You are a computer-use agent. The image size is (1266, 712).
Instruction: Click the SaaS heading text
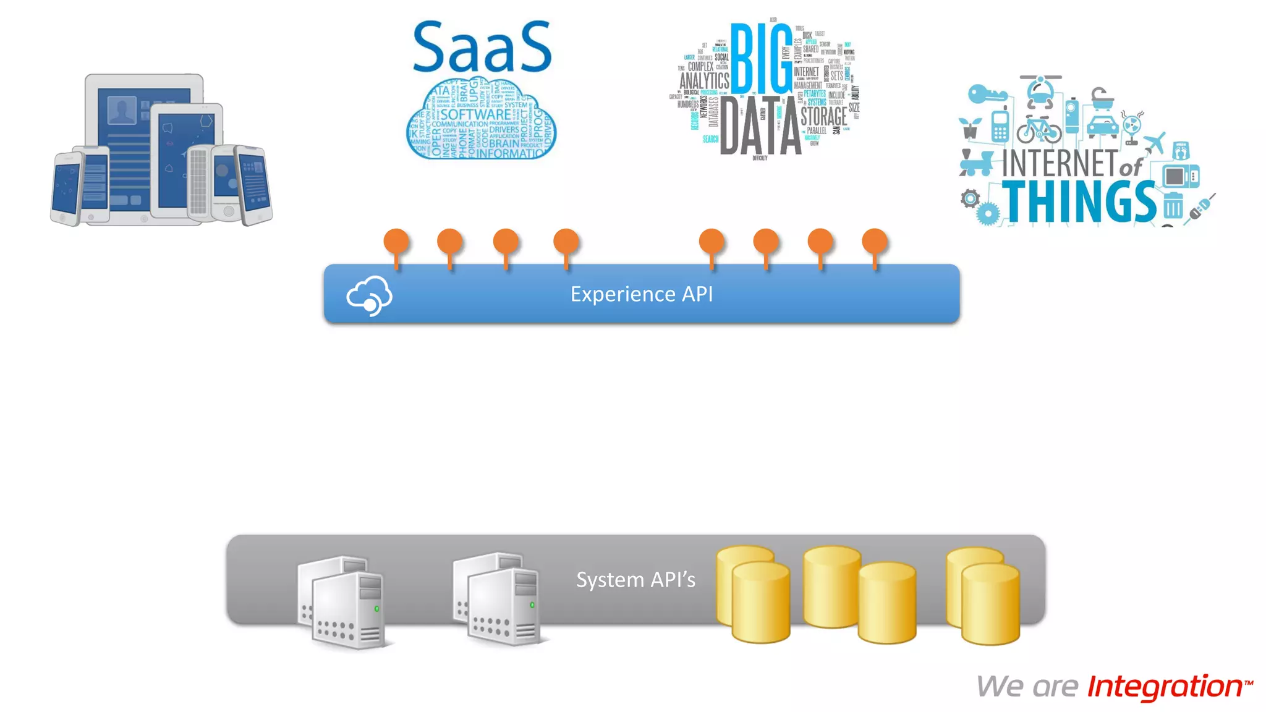pyautogui.click(x=482, y=47)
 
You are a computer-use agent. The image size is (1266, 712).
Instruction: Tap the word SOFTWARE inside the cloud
pyautogui.click(x=475, y=115)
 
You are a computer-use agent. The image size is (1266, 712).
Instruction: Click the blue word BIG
pyautogui.click(x=761, y=59)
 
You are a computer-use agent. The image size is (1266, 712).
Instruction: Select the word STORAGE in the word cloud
pyautogui.click(x=823, y=116)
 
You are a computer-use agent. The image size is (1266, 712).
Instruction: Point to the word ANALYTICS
pyautogui.click(x=704, y=81)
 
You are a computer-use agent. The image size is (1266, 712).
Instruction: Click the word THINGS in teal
pyautogui.click(x=1079, y=202)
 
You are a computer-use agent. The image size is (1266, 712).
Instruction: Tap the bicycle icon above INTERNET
pyautogui.click(x=1039, y=129)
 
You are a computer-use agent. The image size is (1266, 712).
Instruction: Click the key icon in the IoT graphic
pyautogui.click(x=987, y=95)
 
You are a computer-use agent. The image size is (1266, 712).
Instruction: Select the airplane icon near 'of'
pyautogui.click(x=1154, y=143)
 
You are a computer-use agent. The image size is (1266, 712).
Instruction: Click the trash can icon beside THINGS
pyautogui.click(x=1173, y=205)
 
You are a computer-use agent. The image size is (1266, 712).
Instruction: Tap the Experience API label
pyautogui.click(x=641, y=294)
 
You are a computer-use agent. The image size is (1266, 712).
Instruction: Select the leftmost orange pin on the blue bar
pyautogui.click(x=396, y=243)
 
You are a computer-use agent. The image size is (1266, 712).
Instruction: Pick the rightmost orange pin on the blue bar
pyautogui.click(x=875, y=243)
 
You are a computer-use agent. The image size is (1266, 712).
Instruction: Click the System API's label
pyautogui.click(x=635, y=580)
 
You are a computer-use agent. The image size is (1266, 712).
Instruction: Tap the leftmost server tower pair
pyautogui.click(x=342, y=603)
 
